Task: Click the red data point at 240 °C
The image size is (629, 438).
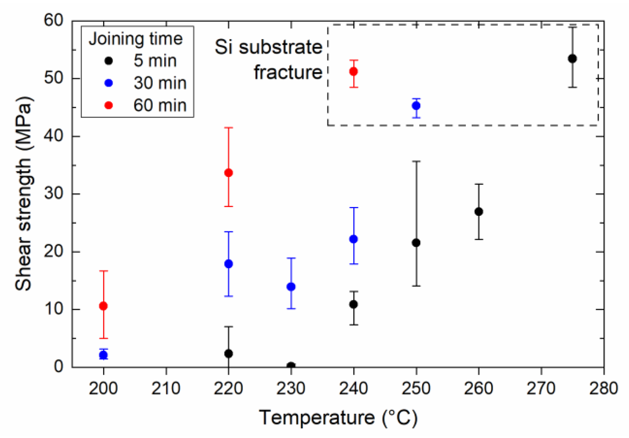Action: click(353, 71)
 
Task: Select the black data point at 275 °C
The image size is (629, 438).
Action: click(572, 59)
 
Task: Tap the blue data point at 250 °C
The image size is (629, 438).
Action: click(416, 106)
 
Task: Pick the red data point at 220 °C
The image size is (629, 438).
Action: click(228, 173)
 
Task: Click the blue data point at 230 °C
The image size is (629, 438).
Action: click(291, 287)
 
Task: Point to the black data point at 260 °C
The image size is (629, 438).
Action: click(478, 212)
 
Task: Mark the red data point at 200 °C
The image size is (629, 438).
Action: click(103, 306)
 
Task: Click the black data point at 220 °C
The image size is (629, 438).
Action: click(228, 353)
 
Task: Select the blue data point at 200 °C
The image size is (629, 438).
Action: click(103, 355)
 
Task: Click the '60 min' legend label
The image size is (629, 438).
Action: click(160, 105)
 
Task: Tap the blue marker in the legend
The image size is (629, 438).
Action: click(109, 83)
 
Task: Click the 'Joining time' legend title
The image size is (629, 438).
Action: click(136, 39)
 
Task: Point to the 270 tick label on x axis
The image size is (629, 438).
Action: click(541, 388)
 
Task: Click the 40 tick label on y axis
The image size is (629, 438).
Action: click(54, 136)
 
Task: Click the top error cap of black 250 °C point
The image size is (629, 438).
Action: click(416, 161)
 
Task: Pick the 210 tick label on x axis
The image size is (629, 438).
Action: click(166, 388)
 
